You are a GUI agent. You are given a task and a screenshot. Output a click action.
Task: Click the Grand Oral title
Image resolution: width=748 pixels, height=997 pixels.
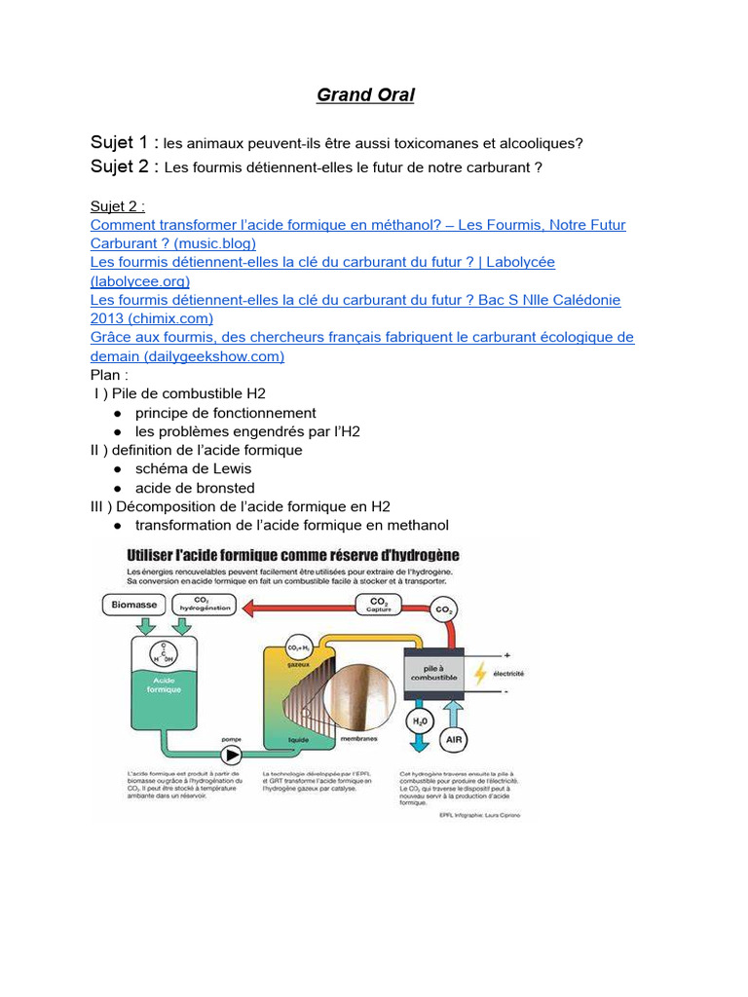pos(365,95)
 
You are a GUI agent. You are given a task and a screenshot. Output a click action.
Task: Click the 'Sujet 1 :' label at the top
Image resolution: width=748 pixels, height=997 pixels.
pos(124,142)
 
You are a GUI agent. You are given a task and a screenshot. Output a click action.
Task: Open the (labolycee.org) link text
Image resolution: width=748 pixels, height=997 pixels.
pos(140,280)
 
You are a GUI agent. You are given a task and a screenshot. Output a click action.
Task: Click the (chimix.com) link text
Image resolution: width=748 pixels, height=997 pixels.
pos(152,318)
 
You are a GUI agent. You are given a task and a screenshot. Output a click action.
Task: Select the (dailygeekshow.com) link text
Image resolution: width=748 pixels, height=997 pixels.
pos(187,355)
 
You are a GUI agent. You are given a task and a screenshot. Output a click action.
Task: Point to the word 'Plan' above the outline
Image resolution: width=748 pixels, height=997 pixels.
pos(106,375)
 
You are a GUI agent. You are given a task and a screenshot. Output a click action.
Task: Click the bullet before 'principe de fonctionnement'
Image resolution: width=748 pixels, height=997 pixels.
pos(117,413)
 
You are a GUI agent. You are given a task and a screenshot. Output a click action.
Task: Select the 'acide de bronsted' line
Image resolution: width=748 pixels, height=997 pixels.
pos(195,488)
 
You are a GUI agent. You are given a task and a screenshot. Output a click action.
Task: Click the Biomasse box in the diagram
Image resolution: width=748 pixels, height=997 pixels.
pos(133,606)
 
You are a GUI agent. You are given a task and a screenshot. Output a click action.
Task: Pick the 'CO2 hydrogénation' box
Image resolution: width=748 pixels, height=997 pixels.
pos(202,604)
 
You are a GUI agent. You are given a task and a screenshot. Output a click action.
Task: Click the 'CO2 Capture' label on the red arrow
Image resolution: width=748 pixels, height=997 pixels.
pos(379,606)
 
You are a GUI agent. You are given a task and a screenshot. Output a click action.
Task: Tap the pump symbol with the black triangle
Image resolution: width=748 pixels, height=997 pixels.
pos(232,754)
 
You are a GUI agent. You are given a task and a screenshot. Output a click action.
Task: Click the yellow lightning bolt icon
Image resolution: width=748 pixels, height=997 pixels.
pos(479,674)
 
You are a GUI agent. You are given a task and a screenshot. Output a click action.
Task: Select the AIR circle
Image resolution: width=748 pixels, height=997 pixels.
pos(454,740)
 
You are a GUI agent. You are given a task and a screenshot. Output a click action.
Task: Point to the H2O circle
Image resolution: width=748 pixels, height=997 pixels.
pos(420,721)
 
